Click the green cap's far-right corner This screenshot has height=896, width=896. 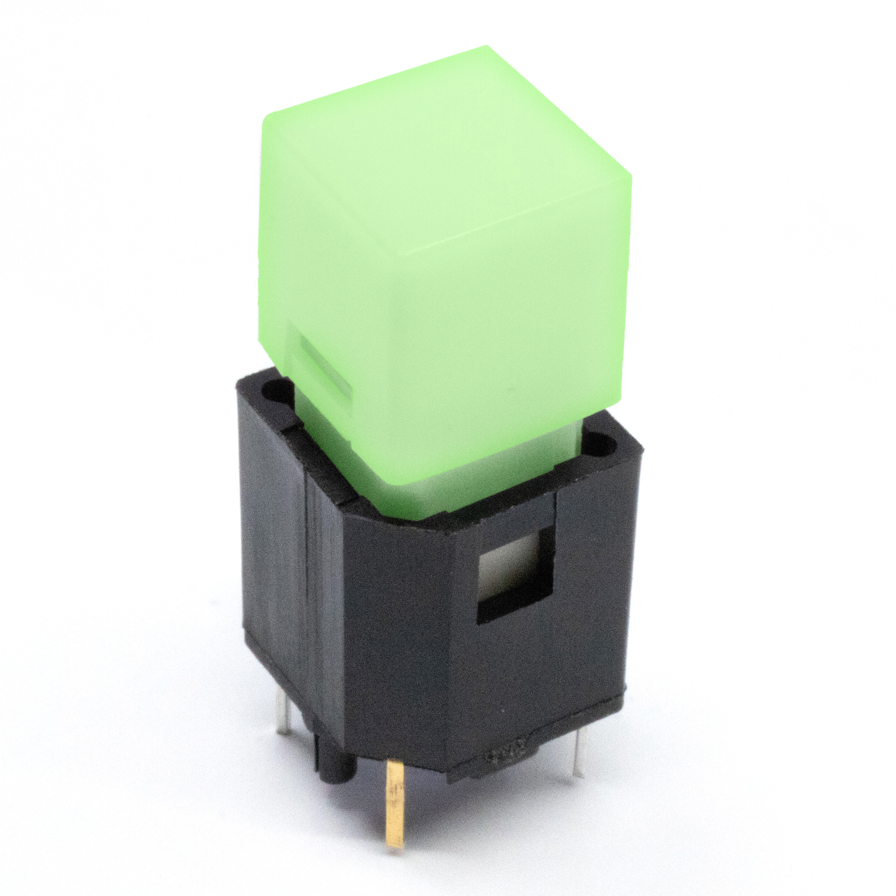click(631, 179)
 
